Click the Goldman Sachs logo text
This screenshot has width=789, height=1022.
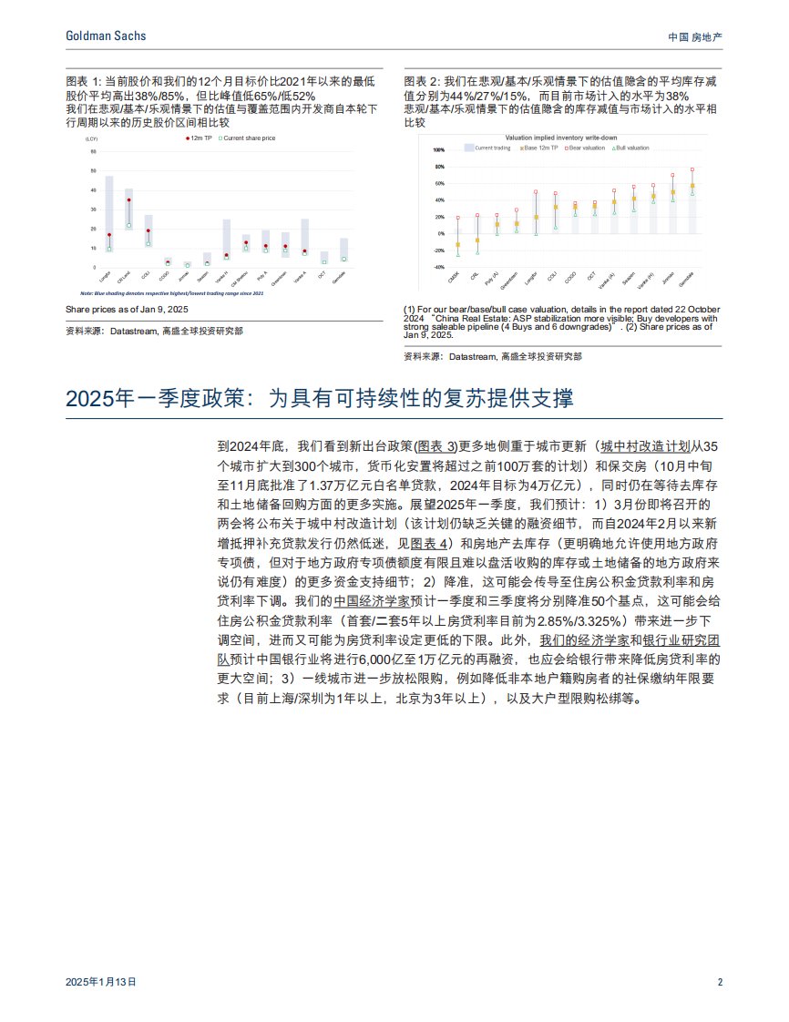pos(106,36)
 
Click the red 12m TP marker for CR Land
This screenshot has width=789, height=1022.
pos(129,200)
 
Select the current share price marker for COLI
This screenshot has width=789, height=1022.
pos(149,243)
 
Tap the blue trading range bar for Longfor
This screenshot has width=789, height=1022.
pos(109,213)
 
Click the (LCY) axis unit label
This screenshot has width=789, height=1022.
pos(91,138)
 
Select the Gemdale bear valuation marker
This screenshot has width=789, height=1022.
pos(692,169)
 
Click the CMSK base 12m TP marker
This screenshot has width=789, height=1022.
pos(458,244)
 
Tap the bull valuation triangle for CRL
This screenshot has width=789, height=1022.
pos(477,252)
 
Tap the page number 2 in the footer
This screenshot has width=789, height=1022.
pos(720,983)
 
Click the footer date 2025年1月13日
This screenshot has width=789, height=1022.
pos(101,983)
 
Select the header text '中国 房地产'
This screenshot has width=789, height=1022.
pos(695,36)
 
